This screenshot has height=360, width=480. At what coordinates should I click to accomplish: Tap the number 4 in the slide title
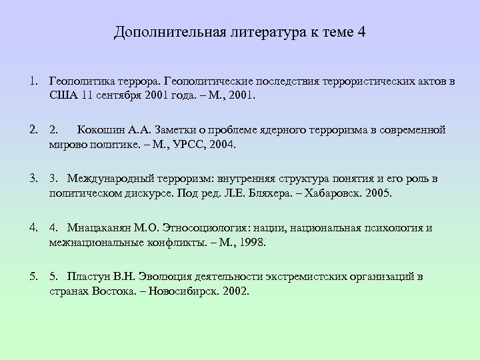click(361, 32)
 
